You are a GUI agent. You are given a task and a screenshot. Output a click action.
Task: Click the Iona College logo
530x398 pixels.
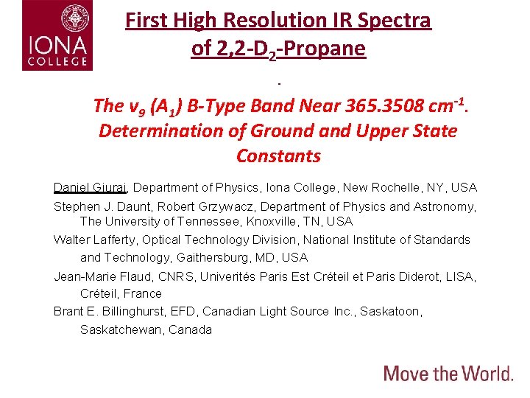[x=57, y=35]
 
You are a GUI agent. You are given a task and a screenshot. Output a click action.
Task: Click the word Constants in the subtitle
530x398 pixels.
[x=278, y=156]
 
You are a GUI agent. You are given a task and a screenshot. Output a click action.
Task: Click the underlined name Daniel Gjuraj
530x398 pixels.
[x=93, y=187]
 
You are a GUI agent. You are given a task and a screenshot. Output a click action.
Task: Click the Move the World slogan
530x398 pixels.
[x=448, y=373]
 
